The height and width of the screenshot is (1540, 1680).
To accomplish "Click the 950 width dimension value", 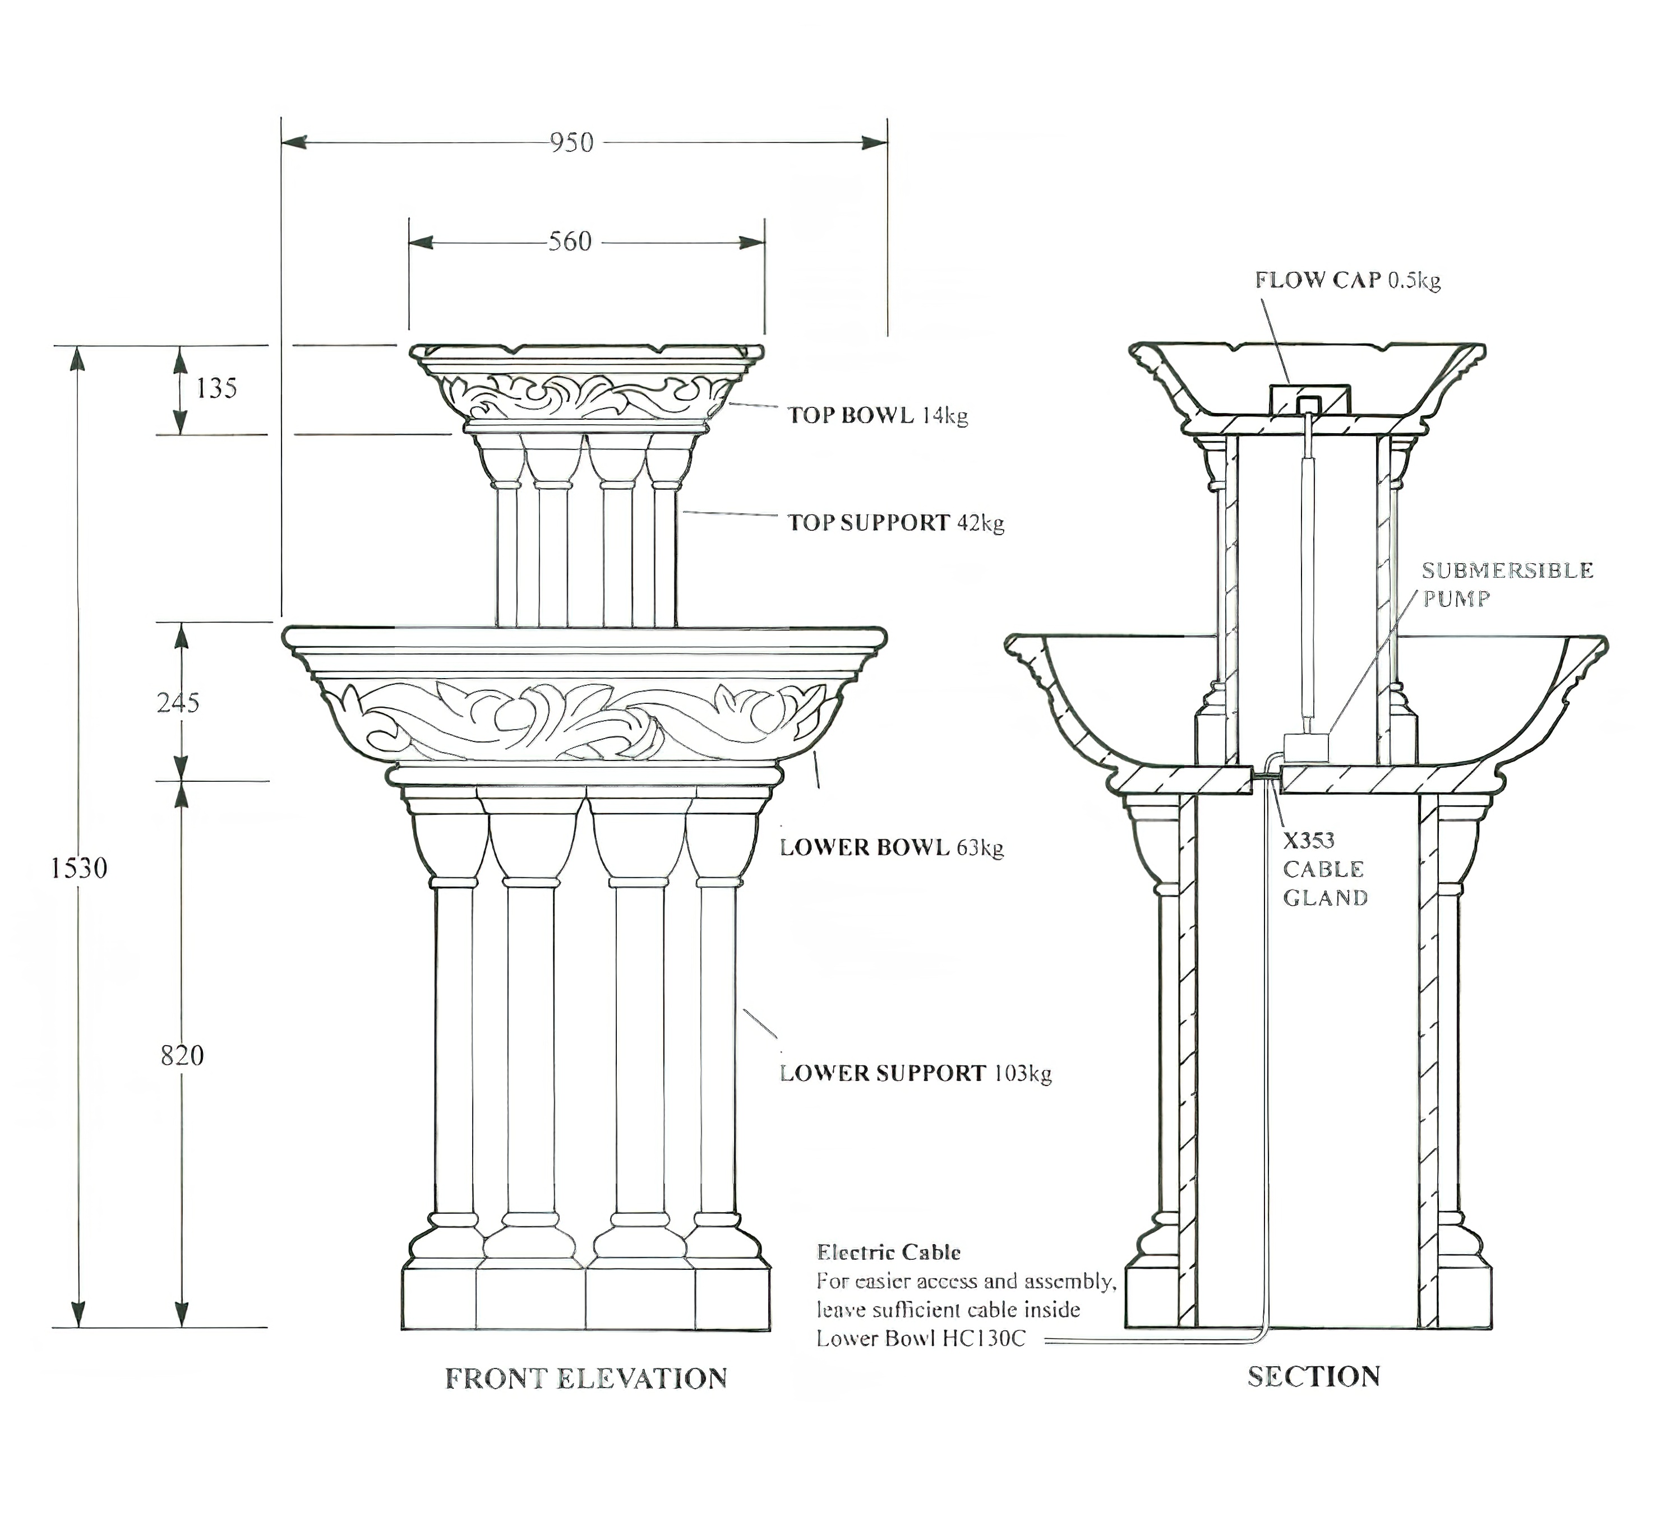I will pos(572,142).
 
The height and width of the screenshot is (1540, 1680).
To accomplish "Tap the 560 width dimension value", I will pos(570,242).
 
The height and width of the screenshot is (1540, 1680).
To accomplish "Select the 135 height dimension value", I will pos(217,388).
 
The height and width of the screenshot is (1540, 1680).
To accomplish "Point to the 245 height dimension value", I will pos(178,703).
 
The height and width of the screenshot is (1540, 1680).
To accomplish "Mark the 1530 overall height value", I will pos(79,868).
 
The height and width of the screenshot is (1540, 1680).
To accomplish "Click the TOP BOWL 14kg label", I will pos(878,415).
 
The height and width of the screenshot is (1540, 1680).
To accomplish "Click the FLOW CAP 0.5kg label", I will pos(1347,280).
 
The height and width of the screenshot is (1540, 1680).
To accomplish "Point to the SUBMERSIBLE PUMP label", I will pos(1507,584).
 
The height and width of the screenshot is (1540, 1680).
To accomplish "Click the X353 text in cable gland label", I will pos(1308,840).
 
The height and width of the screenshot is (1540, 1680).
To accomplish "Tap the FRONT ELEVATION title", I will pos(586,1379).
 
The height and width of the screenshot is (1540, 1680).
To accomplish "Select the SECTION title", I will pos(1313,1376).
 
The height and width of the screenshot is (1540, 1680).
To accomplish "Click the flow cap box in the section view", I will pos(1308,399).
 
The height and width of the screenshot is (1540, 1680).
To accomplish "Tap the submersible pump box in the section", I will pos(1305,746).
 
